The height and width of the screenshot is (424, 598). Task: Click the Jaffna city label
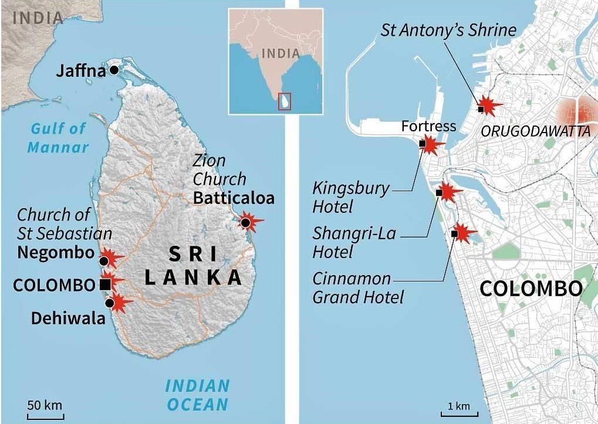(80, 71)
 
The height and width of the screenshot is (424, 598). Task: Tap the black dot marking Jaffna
(114, 70)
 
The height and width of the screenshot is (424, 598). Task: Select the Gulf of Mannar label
(58, 137)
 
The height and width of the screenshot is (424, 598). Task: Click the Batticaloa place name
(234, 198)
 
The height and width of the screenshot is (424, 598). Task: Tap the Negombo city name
(56, 253)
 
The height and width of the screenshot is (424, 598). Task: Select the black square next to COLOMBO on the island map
(105, 284)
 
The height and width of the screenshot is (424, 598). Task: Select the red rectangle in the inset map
(285, 100)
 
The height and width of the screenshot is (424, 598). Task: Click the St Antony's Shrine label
(448, 30)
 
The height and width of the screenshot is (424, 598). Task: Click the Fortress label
(428, 126)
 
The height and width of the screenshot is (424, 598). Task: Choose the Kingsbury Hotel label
(350, 197)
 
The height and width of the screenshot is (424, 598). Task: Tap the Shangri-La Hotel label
(354, 242)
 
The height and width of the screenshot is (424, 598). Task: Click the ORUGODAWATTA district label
(535, 131)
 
